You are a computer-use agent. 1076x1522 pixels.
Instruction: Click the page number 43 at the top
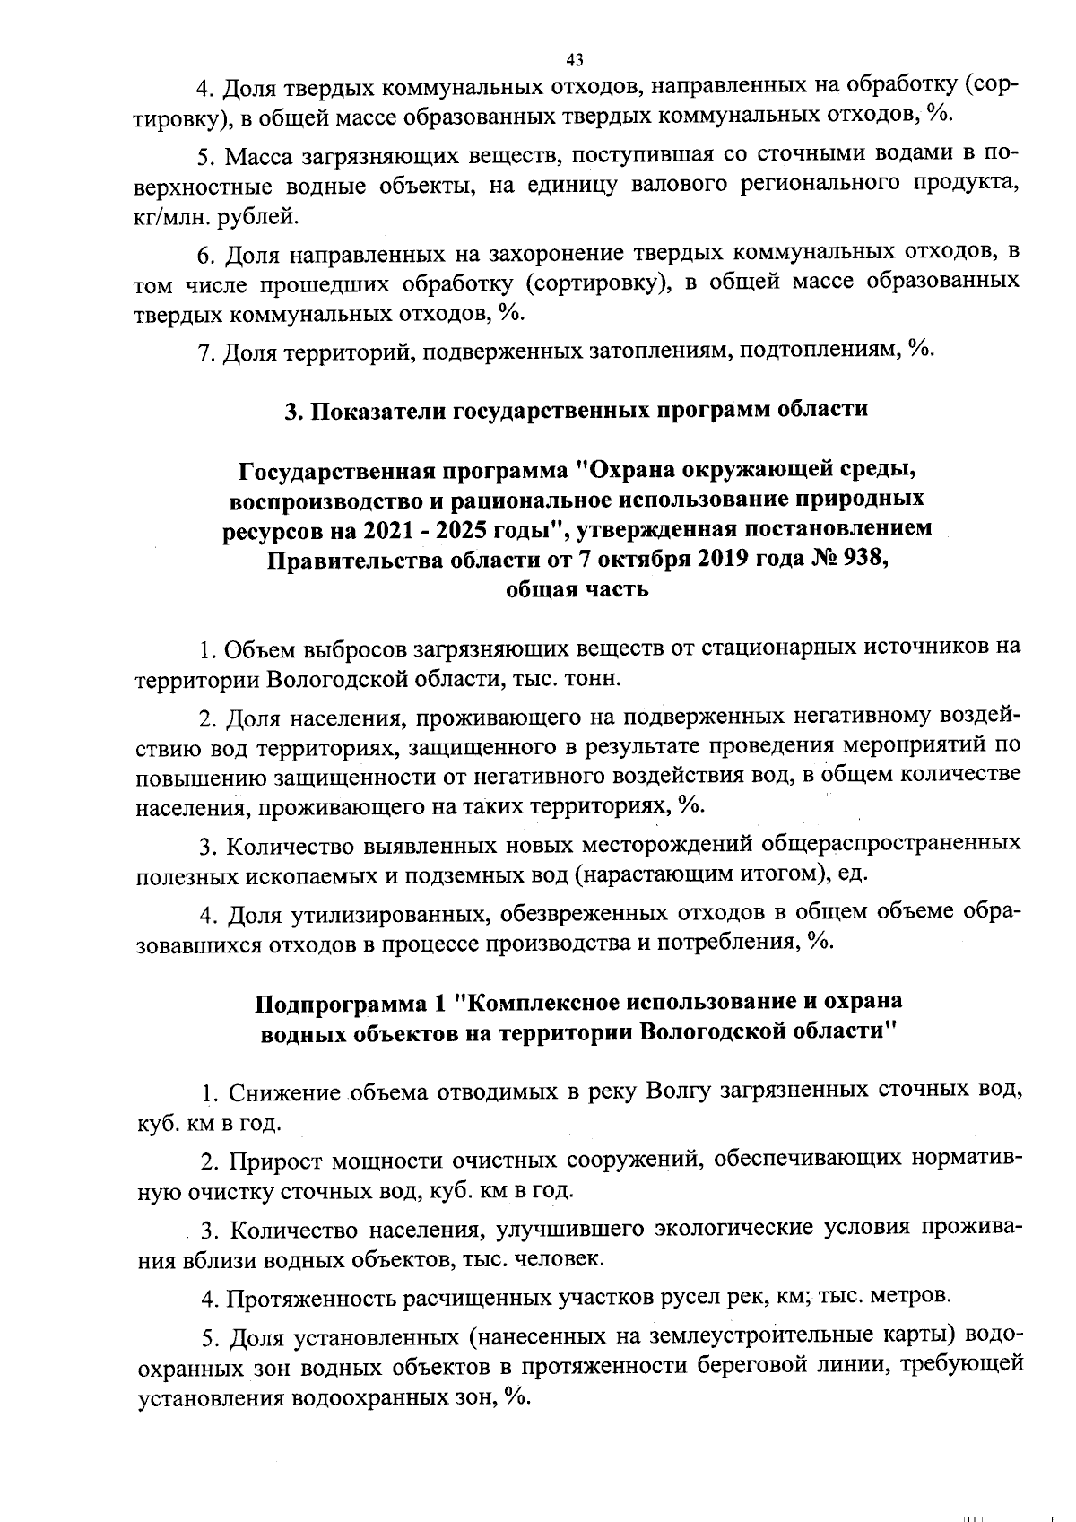pyautogui.click(x=575, y=59)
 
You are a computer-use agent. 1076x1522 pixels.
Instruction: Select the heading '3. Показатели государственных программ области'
pyautogui.click(x=576, y=410)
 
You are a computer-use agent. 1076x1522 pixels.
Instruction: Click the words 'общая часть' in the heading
pyautogui.click(x=577, y=590)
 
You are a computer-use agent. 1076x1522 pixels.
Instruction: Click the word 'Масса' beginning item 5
pyautogui.click(x=255, y=156)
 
